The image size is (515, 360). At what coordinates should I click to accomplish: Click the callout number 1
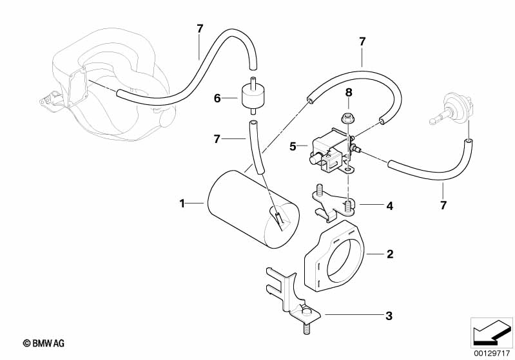[182, 204]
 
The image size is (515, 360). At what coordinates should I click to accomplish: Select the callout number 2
[390, 254]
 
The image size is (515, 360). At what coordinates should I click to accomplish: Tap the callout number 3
[389, 316]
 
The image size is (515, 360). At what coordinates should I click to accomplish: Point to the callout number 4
[389, 206]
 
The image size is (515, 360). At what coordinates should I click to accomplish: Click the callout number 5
[293, 146]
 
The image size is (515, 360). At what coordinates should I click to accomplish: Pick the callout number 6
[217, 98]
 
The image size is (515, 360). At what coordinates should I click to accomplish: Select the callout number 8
[349, 93]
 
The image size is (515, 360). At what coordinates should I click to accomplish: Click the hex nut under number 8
[346, 118]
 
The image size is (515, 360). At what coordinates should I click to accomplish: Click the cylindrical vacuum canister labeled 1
[253, 214]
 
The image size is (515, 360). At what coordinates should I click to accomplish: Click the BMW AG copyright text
[44, 343]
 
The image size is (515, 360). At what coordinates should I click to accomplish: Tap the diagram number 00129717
[491, 354]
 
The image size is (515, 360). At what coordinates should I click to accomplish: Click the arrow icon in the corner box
[491, 332]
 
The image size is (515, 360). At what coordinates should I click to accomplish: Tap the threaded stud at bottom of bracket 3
[306, 328]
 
